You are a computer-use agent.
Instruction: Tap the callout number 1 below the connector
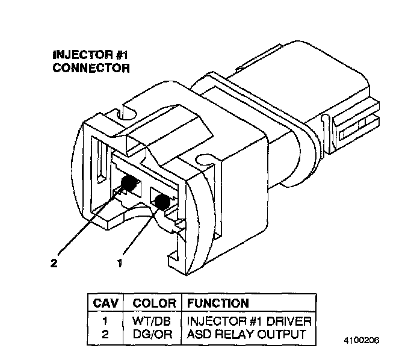[120, 262]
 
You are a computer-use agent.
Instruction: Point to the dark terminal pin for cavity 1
[160, 202]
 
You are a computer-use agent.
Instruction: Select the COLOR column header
[154, 303]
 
